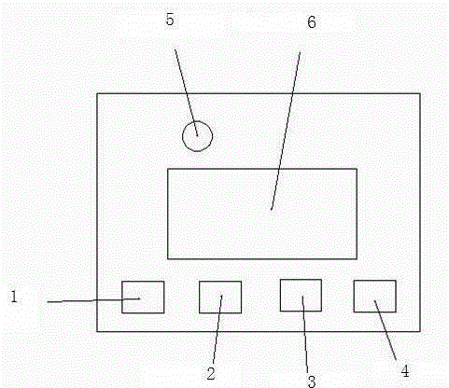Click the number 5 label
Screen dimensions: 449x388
click(170, 20)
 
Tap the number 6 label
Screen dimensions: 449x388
click(312, 22)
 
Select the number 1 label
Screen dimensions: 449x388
click(14, 297)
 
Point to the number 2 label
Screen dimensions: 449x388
click(211, 373)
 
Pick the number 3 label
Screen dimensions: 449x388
click(312, 381)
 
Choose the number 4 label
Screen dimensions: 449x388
click(405, 371)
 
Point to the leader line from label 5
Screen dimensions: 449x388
click(186, 92)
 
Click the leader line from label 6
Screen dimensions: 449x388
click(286, 131)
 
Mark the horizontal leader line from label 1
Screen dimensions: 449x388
click(93, 300)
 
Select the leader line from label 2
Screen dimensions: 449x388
click(217, 329)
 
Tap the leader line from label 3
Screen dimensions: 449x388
click(305, 334)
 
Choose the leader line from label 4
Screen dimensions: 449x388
click(386, 330)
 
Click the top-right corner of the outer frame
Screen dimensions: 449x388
click(420, 93)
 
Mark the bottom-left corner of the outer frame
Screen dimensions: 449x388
click(97, 331)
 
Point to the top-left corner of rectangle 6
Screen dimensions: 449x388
click(168, 169)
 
